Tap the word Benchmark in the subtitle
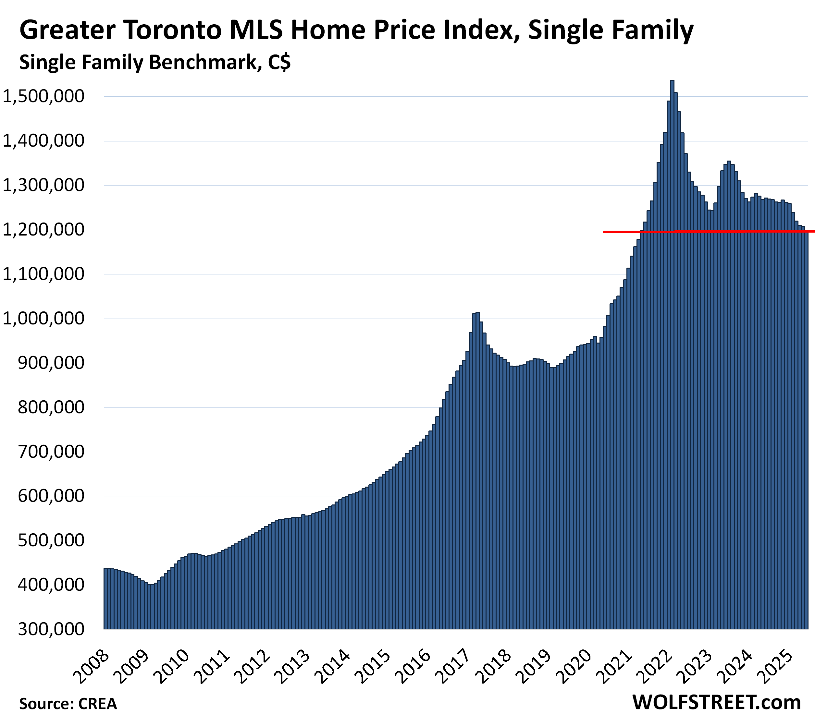pos(204,63)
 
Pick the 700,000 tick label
pos(52,452)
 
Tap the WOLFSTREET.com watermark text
pos(716,702)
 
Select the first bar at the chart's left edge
pos(105,599)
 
